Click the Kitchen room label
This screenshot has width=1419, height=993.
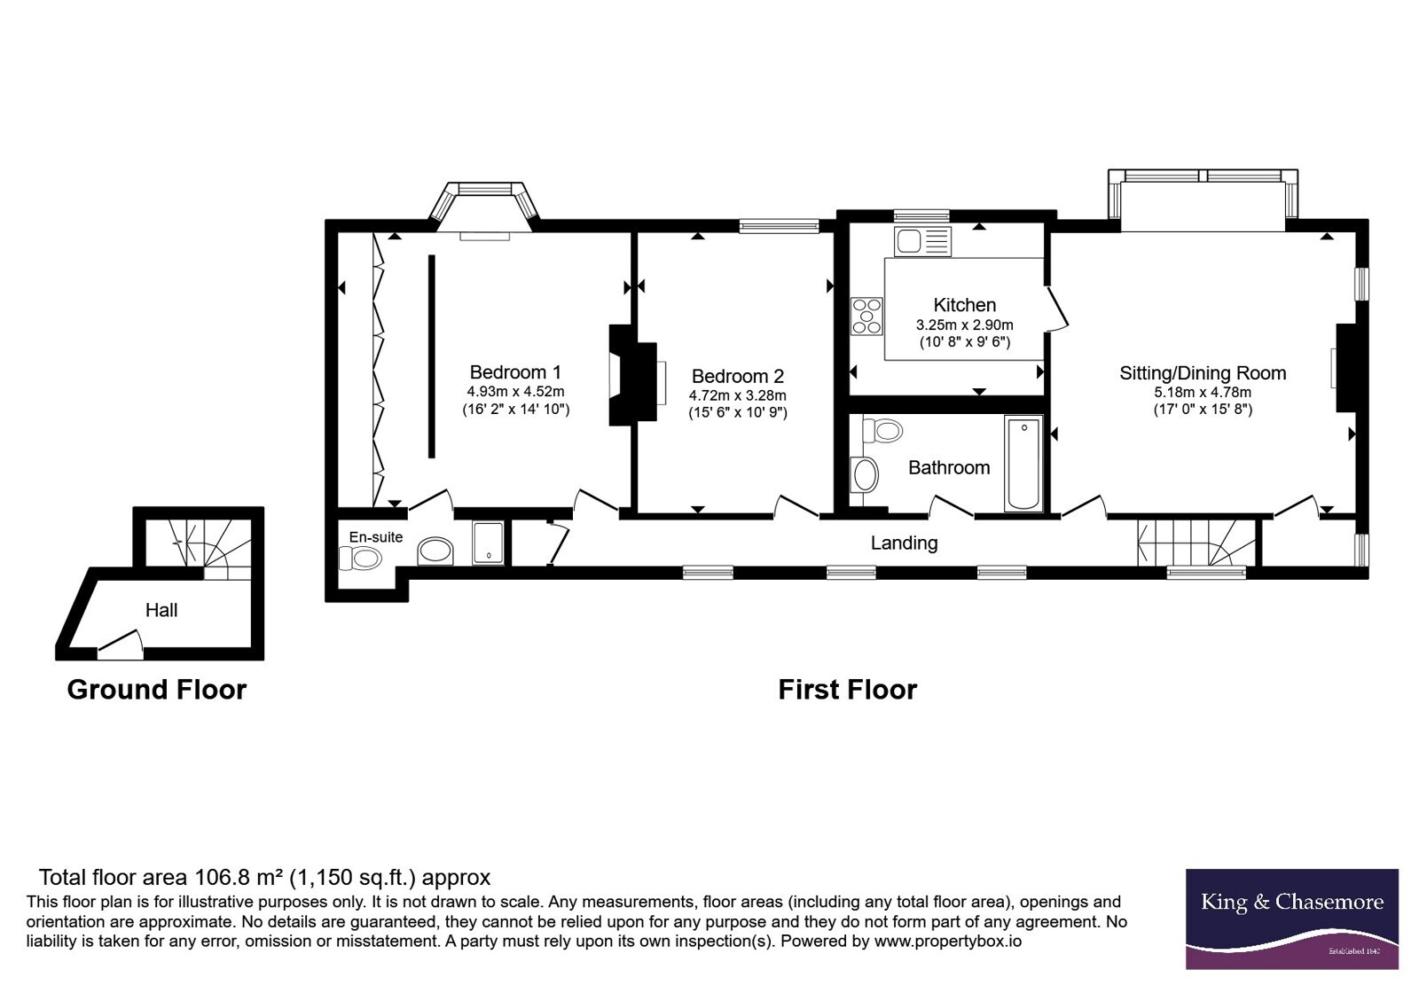point(964,305)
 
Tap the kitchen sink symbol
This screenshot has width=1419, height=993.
point(922,241)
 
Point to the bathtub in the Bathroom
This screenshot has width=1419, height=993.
point(1023,463)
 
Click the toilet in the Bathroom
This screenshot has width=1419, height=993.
point(882,431)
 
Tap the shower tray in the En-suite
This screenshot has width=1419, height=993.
point(489,543)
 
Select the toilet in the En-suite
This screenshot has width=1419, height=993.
point(360,559)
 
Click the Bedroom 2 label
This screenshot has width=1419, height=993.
point(737,376)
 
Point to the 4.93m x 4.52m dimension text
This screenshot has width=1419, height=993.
point(515,391)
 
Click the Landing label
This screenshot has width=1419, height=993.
point(904,543)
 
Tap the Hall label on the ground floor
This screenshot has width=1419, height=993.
point(161,610)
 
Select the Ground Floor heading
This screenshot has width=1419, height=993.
point(156,690)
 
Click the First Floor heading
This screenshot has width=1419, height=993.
point(848,690)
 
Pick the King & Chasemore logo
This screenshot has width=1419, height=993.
point(1291,919)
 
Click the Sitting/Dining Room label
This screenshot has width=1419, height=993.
point(1203,373)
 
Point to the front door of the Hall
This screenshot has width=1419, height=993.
point(121,644)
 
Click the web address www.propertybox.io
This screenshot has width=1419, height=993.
point(948,941)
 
